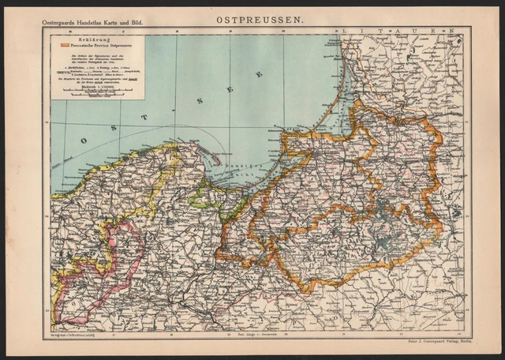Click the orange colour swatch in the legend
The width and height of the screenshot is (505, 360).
coord(64,45)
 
